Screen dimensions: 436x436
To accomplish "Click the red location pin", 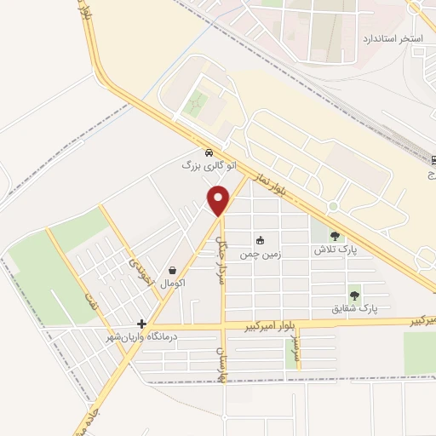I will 219,200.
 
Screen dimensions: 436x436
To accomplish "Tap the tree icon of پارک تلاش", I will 335,237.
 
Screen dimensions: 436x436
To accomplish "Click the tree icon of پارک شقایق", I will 354,295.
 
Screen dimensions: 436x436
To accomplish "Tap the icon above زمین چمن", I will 261,241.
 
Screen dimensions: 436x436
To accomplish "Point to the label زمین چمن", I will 260,254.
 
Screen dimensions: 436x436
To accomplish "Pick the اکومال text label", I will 173,283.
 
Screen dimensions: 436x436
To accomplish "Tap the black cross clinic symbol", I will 141,324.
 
